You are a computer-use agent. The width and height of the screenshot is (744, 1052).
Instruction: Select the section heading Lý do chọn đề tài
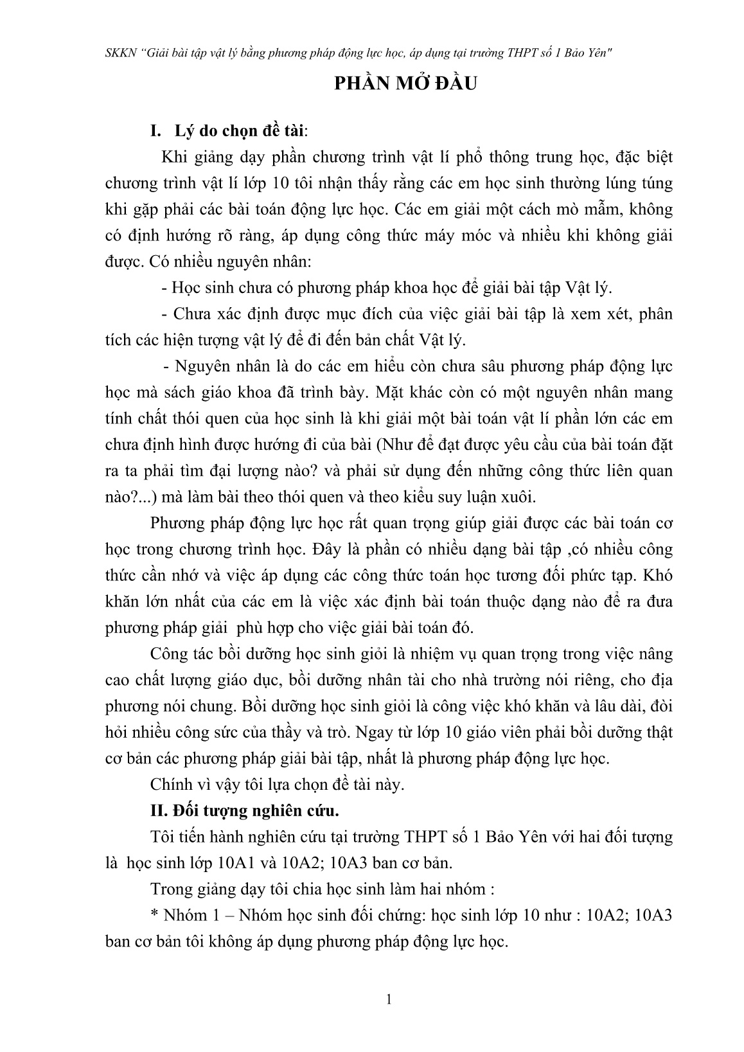tap(240, 131)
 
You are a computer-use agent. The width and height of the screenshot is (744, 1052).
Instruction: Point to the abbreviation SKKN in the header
tap(118, 53)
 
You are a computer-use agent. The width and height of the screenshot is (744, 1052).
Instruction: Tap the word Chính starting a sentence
tap(170, 785)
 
